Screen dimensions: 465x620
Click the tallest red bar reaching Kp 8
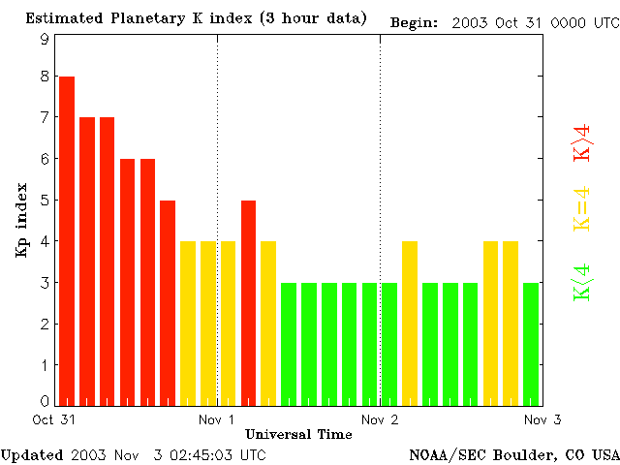67,240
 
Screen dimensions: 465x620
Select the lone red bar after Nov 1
248,302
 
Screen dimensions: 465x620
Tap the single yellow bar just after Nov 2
410,323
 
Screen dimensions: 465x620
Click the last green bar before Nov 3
531,343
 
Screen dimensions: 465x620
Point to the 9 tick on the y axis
45,39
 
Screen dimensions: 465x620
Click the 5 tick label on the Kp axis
45,201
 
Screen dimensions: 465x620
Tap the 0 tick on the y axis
45,401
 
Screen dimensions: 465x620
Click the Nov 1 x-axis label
217,419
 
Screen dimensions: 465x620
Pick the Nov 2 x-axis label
380,419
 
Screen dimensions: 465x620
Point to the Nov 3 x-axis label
542,419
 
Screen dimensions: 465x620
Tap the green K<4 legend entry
582,282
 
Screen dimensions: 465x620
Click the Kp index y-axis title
20,221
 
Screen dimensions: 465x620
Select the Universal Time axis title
298,434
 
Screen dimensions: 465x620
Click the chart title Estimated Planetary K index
196,19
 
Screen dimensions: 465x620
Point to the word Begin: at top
414,21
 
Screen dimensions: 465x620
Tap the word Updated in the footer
32,454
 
